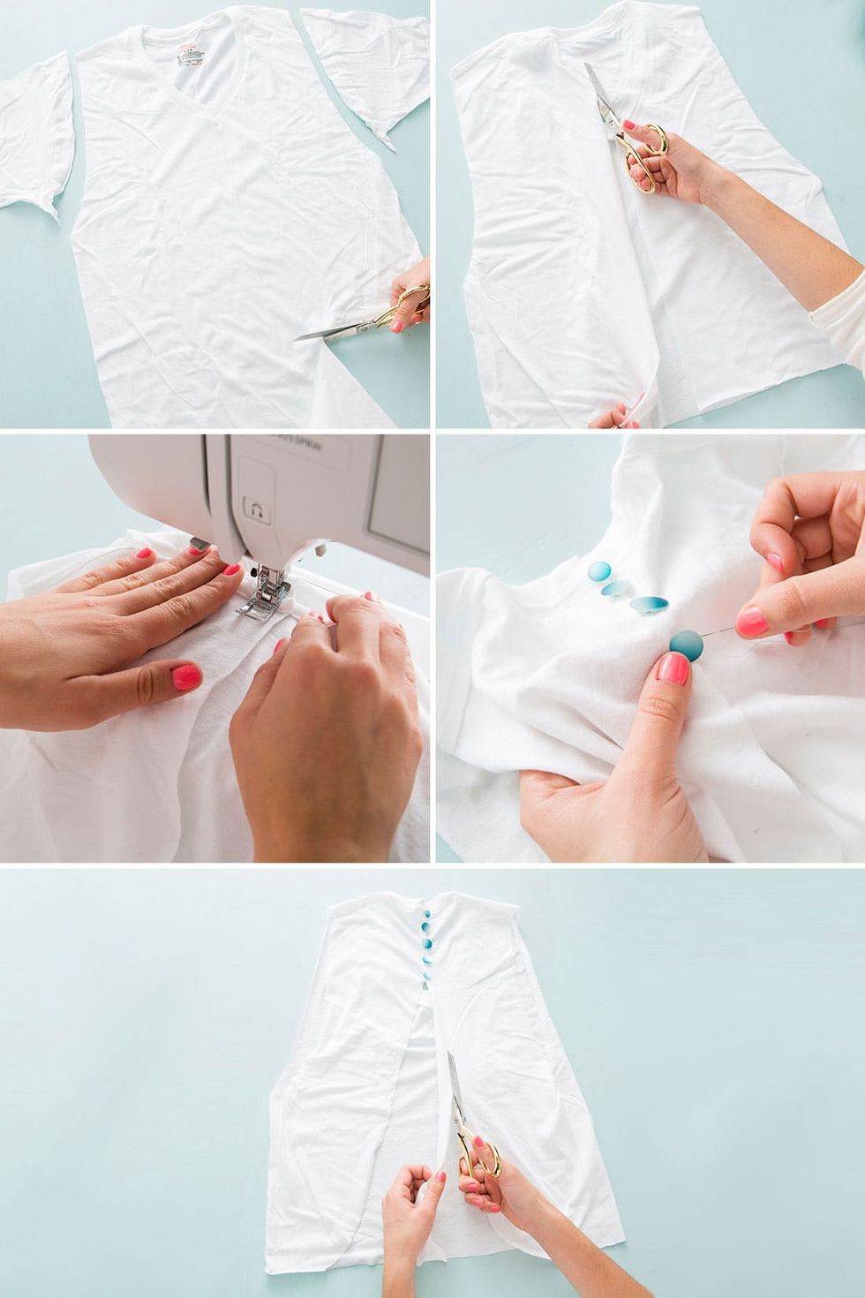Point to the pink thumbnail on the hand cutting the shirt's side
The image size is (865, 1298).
[x=398, y=324]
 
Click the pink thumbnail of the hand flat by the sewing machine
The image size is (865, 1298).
[x=186, y=677]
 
